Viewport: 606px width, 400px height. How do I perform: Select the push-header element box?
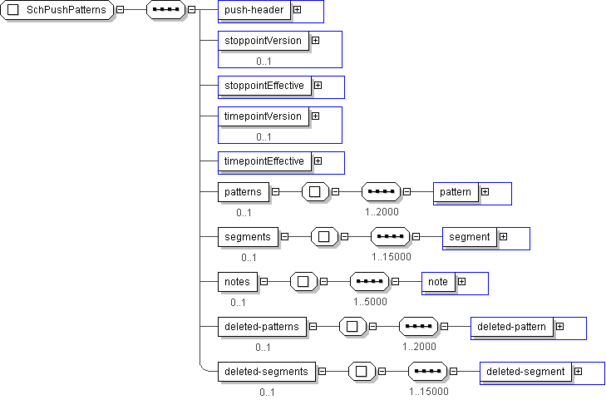click(x=254, y=10)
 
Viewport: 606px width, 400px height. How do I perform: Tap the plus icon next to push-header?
click(x=297, y=10)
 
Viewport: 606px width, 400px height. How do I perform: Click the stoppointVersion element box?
click(x=263, y=40)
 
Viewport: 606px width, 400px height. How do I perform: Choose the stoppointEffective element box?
click(x=264, y=86)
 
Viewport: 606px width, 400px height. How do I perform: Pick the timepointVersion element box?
click(x=263, y=116)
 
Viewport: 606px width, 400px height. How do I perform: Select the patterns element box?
click(x=243, y=192)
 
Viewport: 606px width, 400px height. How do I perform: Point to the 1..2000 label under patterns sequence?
click(x=382, y=212)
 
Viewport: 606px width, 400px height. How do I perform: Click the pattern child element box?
click(x=455, y=192)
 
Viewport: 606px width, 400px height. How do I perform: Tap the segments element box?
click(x=247, y=237)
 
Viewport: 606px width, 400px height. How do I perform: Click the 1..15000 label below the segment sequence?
click(x=391, y=257)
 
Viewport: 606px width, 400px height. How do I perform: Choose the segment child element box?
click(x=469, y=237)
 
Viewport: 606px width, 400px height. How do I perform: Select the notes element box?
click(x=237, y=282)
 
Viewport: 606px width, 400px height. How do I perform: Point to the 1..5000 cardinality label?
click(x=370, y=302)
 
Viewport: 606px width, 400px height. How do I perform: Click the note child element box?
click(x=437, y=282)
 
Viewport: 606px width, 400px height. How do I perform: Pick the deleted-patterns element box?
click(x=262, y=326)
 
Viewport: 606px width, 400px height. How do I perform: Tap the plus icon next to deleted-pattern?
click(x=559, y=326)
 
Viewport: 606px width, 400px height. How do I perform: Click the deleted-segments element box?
click(x=266, y=371)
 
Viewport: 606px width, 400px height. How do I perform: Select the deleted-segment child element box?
click(x=525, y=371)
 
